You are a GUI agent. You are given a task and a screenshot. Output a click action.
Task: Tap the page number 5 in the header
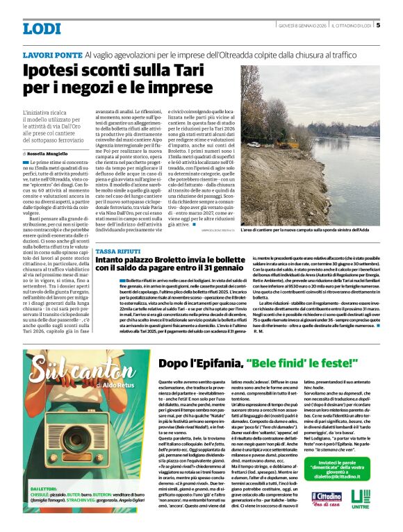point(378,26)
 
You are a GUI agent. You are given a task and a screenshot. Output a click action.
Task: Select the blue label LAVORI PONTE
point(52,55)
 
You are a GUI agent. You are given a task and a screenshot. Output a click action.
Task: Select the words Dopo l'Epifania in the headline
point(199,363)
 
